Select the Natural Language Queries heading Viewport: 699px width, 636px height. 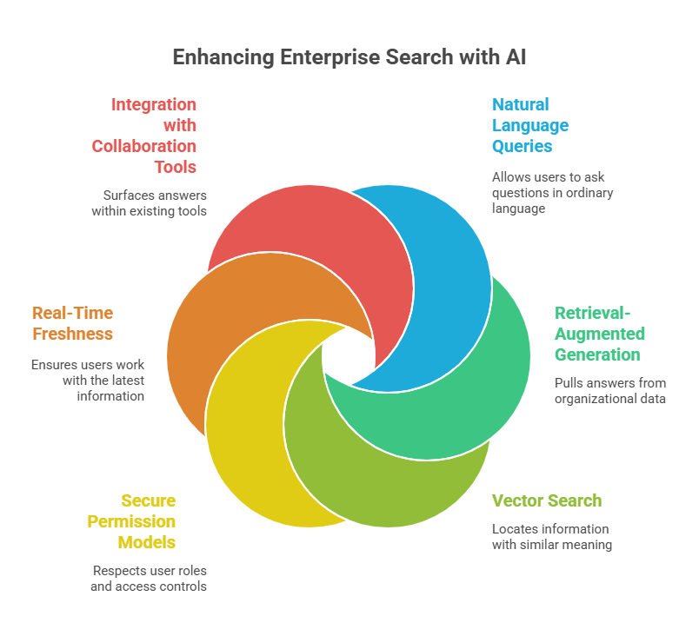click(x=530, y=125)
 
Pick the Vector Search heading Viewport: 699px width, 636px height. click(x=546, y=500)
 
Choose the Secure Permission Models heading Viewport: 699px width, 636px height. click(x=132, y=521)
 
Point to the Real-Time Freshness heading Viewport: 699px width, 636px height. click(x=73, y=323)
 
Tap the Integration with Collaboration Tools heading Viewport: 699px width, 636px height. click(x=145, y=136)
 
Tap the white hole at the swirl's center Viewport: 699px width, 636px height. click(x=349, y=357)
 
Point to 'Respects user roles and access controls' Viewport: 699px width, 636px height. click(x=149, y=579)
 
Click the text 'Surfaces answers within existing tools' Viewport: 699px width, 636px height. click(x=150, y=203)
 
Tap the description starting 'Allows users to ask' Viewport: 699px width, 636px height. click(x=552, y=193)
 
